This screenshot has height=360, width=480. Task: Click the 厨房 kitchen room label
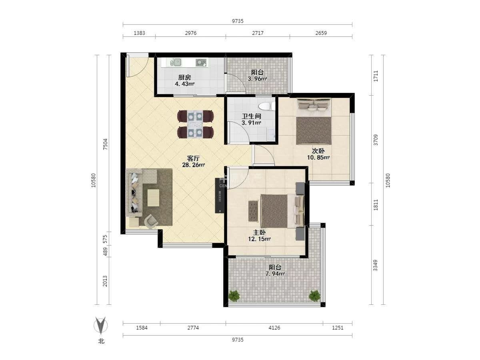tap(184, 77)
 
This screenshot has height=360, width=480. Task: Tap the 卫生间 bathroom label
tap(251, 116)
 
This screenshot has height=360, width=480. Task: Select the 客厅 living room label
tap(193, 158)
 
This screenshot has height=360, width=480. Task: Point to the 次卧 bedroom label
tap(318, 151)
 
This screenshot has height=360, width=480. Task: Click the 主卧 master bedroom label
tap(259, 232)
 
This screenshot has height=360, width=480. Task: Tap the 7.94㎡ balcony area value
tap(275, 274)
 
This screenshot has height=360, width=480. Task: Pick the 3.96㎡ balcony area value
tap(257, 79)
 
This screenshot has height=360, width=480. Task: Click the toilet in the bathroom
tap(266, 106)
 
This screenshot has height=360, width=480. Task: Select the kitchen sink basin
tap(176, 62)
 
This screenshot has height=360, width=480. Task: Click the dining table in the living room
tap(195, 124)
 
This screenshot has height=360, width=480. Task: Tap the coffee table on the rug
tap(153, 198)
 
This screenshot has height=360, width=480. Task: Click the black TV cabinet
tap(220, 196)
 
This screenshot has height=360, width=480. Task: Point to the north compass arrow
tap(100, 326)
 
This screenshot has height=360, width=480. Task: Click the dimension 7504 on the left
tap(106, 144)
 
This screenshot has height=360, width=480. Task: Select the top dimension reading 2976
tap(191, 33)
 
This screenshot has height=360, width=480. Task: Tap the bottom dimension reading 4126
tap(274, 328)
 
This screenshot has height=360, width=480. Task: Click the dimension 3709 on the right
tap(376, 140)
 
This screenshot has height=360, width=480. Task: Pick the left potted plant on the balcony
tap(234, 296)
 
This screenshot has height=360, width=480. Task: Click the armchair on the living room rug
tap(151, 221)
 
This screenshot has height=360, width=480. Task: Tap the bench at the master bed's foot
tap(253, 211)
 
